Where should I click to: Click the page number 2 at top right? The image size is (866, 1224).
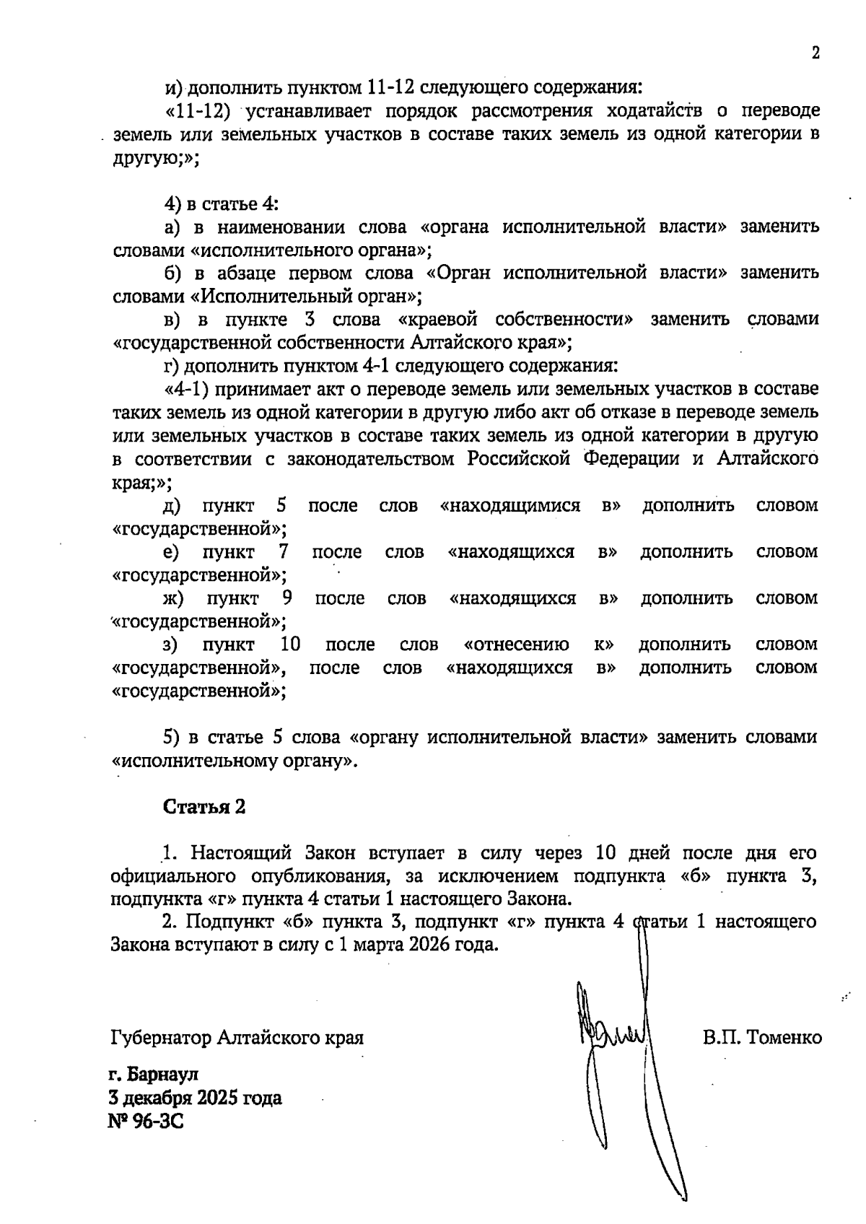tap(815, 53)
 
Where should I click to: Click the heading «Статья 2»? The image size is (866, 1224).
tap(204, 807)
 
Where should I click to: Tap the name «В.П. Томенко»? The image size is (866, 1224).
tap(762, 1038)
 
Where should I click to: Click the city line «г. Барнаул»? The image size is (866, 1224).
tap(152, 1075)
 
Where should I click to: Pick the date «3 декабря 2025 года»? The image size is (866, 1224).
tap(195, 1098)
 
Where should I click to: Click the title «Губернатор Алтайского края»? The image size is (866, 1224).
tap(237, 1038)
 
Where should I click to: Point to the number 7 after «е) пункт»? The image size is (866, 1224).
tap(284, 552)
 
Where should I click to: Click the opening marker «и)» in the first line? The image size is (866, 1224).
tap(172, 88)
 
